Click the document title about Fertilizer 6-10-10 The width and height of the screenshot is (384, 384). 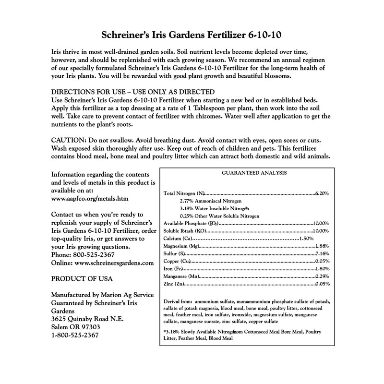tap(192, 36)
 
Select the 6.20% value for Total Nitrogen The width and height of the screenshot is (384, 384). tap(322, 193)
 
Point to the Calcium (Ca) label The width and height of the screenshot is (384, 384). tap(179, 239)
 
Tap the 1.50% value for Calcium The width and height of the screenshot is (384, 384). tap(306, 239)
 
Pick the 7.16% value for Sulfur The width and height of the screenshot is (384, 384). tap(322, 253)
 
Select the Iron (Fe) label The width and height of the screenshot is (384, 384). tap(174, 269)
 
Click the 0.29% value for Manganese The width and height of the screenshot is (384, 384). tap(322, 276)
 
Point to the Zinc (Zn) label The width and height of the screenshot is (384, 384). tap(174, 284)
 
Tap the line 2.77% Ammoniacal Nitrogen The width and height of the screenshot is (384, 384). tap(210, 201)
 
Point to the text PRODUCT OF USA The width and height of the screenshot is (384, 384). tap(81, 279)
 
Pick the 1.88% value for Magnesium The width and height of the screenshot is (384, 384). tap(322, 246)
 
